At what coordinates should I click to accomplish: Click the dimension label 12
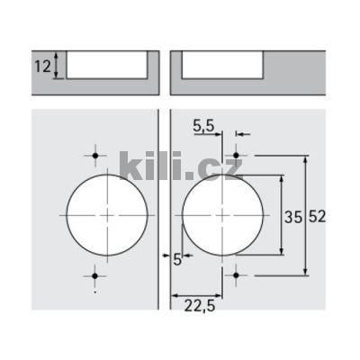pos(43,66)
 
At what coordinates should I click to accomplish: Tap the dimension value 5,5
pos(203,126)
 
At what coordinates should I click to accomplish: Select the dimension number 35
pos(293,217)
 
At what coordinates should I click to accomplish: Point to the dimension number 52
pos(317,216)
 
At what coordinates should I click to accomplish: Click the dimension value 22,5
pos(200,306)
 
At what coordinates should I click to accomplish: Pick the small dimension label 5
pos(177,259)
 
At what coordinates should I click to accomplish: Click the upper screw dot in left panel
pos(95,156)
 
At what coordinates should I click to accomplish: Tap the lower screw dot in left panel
pos(95,275)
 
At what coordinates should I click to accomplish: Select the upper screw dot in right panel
pos(236,156)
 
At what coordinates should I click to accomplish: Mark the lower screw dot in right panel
pos(236,275)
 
